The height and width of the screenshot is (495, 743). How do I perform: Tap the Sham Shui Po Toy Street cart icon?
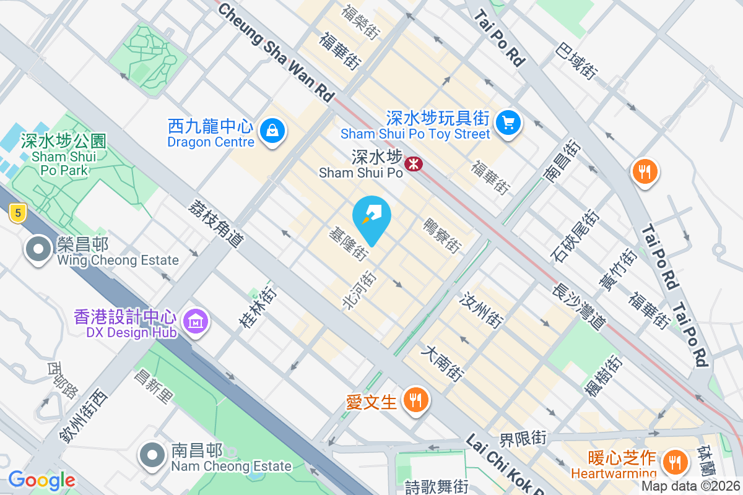(509, 123)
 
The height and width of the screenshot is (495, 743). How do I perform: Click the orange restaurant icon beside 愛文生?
(413, 400)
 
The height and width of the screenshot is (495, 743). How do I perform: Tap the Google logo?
(41, 480)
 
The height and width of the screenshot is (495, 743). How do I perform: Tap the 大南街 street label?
(442, 363)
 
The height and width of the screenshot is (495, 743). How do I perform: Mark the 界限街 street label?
(523, 438)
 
